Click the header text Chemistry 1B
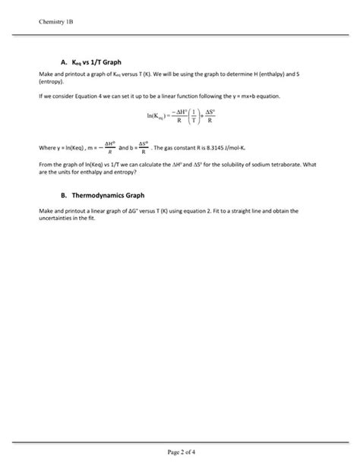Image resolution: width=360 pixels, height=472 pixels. (x=57, y=21)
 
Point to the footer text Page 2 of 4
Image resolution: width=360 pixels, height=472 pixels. (x=180, y=452)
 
